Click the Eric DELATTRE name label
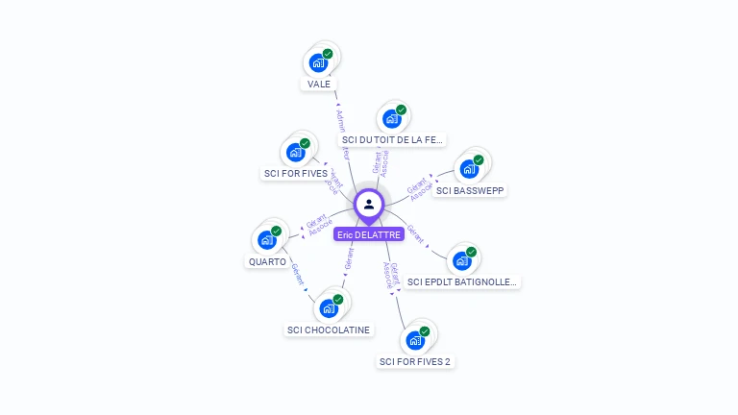click(x=368, y=234)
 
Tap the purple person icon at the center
click(x=369, y=204)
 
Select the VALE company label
click(x=318, y=84)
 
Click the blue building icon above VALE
click(x=317, y=63)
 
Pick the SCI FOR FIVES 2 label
click(x=415, y=361)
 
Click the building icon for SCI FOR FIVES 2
click(x=414, y=340)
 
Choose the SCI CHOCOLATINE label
click(x=329, y=330)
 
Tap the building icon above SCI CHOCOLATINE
click(x=328, y=308)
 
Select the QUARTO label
click(x=267, y=261)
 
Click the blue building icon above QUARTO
click(x=266, y=240)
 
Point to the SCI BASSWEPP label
click(x=470, y=190)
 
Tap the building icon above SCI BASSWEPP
click(x=469, y=169)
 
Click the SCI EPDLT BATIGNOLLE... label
click(x=463, y=281)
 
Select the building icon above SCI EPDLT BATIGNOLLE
click(x=462, y=260)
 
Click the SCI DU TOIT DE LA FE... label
click(x=392, y=139)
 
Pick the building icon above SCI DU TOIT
click(x=391, y=119)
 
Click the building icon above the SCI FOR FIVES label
click(x=294, y=153)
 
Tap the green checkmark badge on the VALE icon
click(x=328, y=55)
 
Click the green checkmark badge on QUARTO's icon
click(x=277, y=232)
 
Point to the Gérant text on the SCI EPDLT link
click(x=416, y=233)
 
